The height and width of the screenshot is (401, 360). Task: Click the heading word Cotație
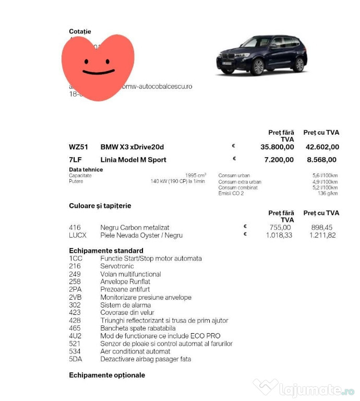tap(80, 32)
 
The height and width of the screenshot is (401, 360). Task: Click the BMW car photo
tap(262, 56)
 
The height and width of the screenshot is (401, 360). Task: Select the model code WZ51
tap(79, 147)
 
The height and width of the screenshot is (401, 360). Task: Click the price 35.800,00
tap(277, 147)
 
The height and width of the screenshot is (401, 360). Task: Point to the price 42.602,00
tap(321, 147)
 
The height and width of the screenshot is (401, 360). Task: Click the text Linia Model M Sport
tap(133, 160)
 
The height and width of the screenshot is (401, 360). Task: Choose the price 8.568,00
tap(322, 160)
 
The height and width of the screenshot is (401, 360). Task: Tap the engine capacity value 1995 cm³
tap(195, 175)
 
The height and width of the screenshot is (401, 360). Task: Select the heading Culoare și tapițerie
tap(100, 206)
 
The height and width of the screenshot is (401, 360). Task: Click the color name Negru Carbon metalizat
tap(135, 228)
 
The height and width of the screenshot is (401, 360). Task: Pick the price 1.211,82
tap(322, 235)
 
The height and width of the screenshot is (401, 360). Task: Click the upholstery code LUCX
tap(78, 235)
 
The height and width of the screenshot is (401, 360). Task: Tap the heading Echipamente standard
tap(106, 251)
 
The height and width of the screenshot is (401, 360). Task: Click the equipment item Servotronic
tap(117, 266)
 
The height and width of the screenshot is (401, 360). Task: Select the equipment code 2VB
tap(76, 297)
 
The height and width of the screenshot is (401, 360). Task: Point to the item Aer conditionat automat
tap(135, 351)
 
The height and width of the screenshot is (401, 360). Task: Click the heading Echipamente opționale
tap(107, 375)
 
